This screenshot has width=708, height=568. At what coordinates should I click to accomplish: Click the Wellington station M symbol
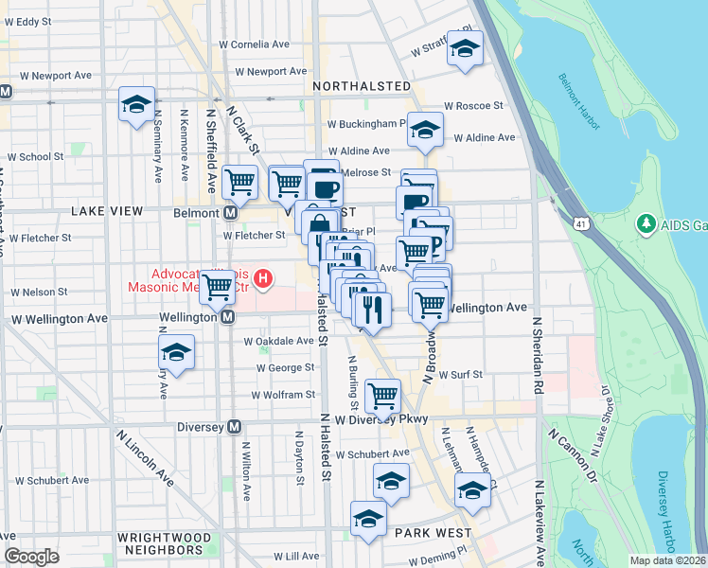[228, 318]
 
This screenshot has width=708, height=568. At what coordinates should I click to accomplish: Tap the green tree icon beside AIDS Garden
[647, 223]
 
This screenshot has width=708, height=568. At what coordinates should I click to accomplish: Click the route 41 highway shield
[580, 222]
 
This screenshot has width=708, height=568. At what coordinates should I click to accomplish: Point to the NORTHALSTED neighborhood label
[361, 86]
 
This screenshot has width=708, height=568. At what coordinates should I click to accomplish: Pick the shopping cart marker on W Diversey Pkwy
[382, 396]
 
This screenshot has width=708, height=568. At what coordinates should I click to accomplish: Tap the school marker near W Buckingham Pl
[425, 129]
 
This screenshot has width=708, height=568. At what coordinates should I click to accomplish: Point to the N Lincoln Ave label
[145, 458]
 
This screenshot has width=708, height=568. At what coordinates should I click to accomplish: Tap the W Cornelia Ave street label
[254, 44]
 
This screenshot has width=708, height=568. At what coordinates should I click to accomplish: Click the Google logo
[31, 556]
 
